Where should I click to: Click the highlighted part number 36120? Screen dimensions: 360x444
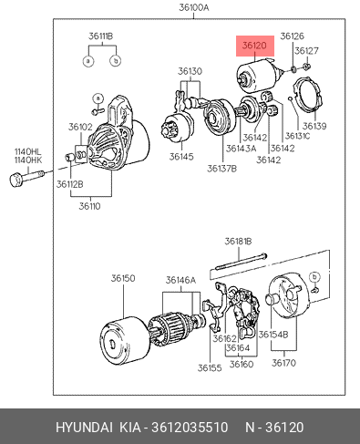click(x=254, y=46)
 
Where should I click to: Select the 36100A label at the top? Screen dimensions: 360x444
click(x=194, y=7)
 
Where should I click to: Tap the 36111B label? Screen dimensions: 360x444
click(x=101, y=36)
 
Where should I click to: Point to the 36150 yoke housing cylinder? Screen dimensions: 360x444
click(x=125, y=340)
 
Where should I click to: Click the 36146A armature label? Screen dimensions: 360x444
click(x=181, y=280)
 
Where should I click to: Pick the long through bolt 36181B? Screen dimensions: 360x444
click(x=241, y=262)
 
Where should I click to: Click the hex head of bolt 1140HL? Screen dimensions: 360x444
click(x=15, y=180)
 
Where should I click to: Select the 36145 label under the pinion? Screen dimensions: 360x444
click(x=181, y=157)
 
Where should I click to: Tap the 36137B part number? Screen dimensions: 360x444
click(x=221, y=169)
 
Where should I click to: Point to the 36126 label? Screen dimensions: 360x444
click(x=292, y=36)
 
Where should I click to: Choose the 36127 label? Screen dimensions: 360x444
click(x=306, y=51)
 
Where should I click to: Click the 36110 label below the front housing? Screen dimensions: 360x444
click(x=89, y=206)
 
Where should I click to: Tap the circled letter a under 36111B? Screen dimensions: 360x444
click(x=88, y=61)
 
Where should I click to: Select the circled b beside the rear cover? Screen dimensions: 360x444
click(x=314, y=277)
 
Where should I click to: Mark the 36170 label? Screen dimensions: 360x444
click(x=283, y=363)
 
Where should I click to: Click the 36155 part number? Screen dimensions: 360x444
click(x=210, y=368)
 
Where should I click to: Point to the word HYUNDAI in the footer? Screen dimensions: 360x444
click(x=84, y=428)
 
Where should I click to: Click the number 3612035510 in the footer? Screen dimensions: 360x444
click(x=190, y=428)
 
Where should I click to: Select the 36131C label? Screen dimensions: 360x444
click(x=298, y=136)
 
